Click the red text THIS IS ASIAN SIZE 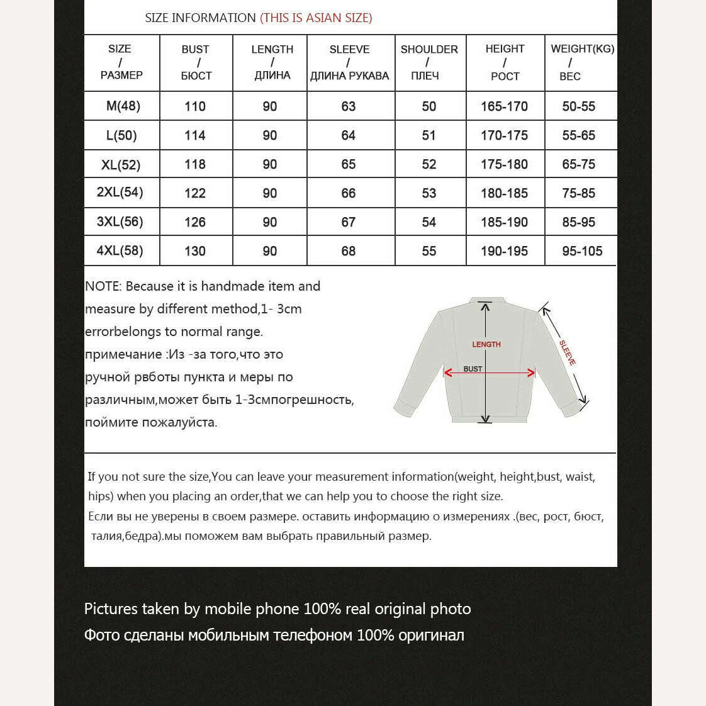pos(316,18)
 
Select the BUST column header pos(196,62)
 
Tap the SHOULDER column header pos(429,62)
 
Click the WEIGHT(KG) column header pos(582,62)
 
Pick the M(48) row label pos(123,106)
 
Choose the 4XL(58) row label pos(120,250)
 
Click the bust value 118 pos(195,164)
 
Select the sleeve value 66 pos(348,193)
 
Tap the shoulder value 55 pos(429,251)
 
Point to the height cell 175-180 pos(504,164)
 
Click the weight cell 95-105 pos(582,251)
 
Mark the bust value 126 pos(195,222)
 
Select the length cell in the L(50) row pos(270,135)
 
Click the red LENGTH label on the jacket pos(486,344)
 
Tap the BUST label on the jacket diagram pos(473,369)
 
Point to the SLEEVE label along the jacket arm pos(568,352)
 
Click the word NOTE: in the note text pos(103,286)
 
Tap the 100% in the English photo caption pos(322,608)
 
